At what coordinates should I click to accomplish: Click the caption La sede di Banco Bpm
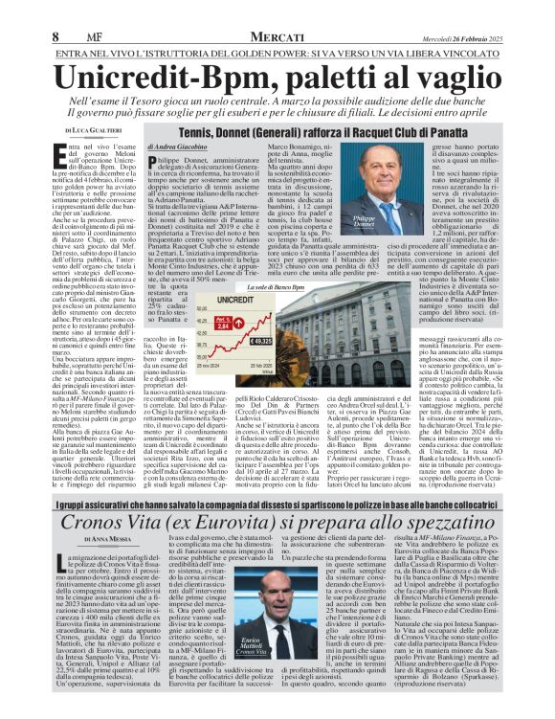[332, 286]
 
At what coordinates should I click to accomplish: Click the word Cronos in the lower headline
[104, 525]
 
